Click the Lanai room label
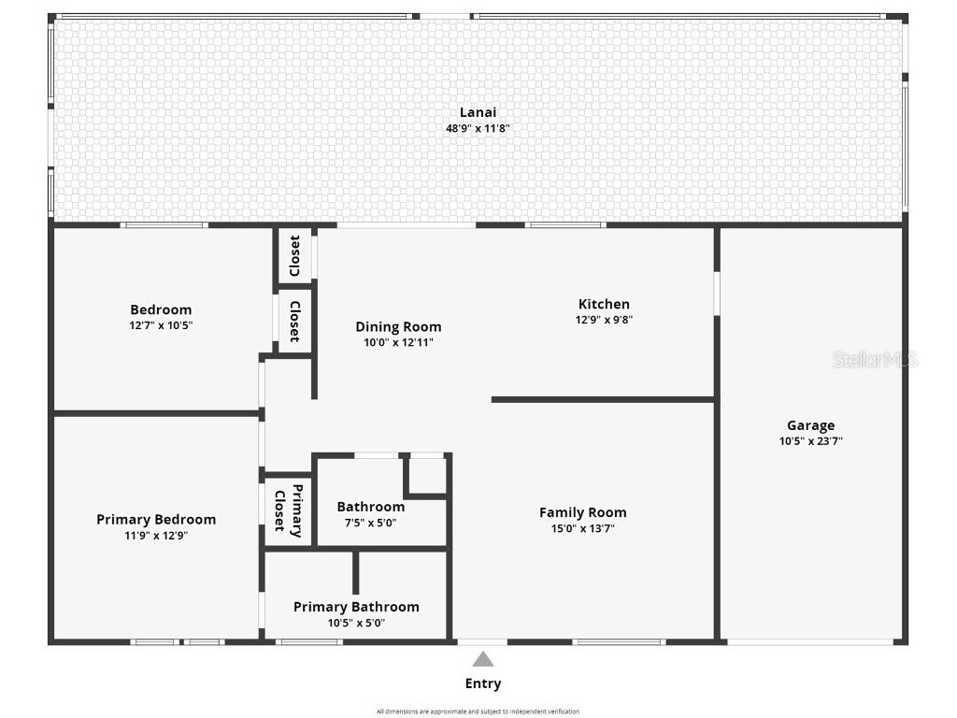[478, 112]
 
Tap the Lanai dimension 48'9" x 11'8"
[478, 128]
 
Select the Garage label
[810, 425]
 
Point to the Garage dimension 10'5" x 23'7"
[810, 441]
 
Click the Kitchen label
[604, 304]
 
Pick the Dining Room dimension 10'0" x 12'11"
[398, 342]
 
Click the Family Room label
[582, 512]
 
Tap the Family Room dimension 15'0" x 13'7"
[582, 528]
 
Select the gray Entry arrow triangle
[482, 659]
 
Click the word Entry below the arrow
[482, 683]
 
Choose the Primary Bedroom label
[156, 520]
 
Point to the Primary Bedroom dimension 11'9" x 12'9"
[156, 536]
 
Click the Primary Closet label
[288, 510]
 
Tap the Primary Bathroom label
[356, 607]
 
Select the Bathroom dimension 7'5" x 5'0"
[371, 524]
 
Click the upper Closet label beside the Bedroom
[294, 255]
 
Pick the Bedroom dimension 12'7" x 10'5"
[161, 325]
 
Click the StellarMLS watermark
[875, 359]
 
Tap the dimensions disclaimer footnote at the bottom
[478, 711]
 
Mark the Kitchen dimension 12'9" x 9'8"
[604, 320]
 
